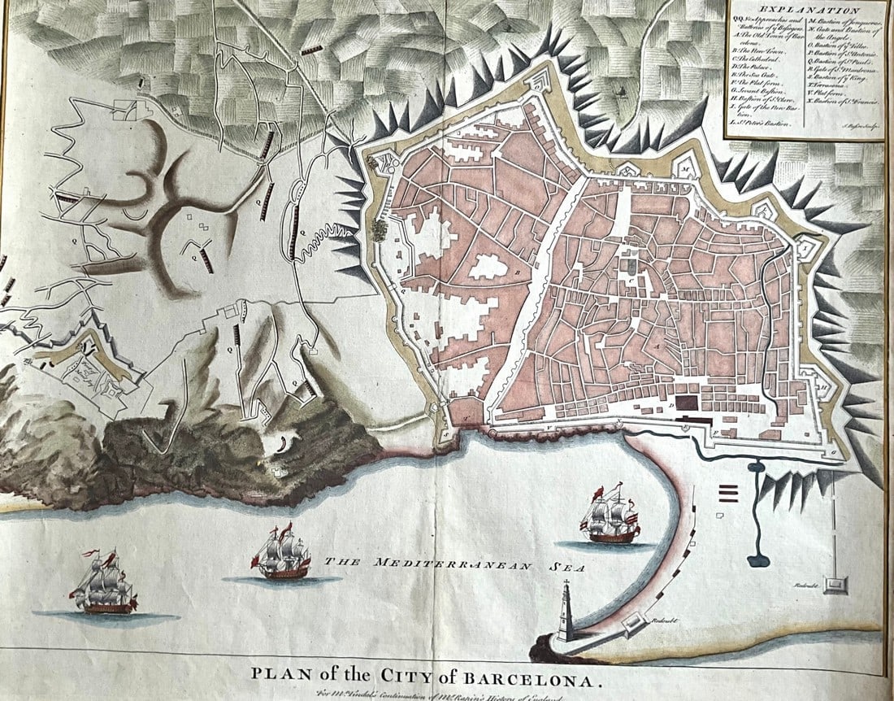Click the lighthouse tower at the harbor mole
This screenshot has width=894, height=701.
566,612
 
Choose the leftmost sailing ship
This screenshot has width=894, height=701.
103,585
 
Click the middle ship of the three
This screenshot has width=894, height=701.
281,554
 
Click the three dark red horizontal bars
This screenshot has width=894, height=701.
727,493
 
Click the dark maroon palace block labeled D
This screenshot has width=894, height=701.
688,402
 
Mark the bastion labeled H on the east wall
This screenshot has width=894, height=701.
822,387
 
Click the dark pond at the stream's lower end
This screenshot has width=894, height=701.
758,559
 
